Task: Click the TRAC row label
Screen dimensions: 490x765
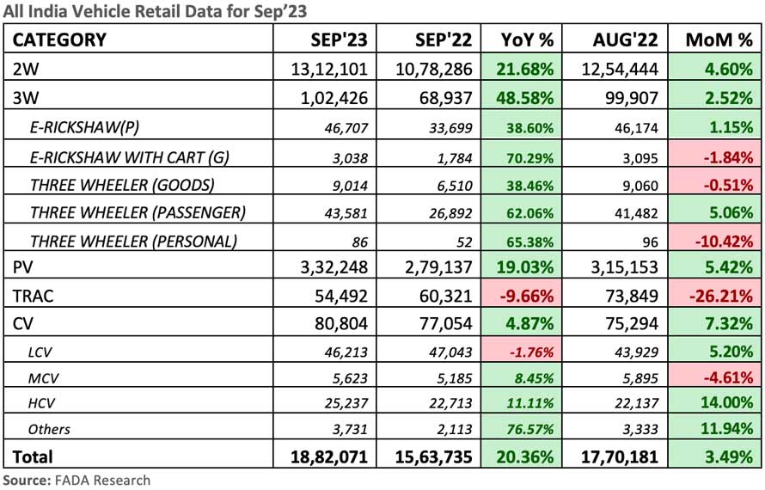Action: click(x=34, y=295)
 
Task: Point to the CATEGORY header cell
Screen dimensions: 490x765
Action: click(x=60, y=40)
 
